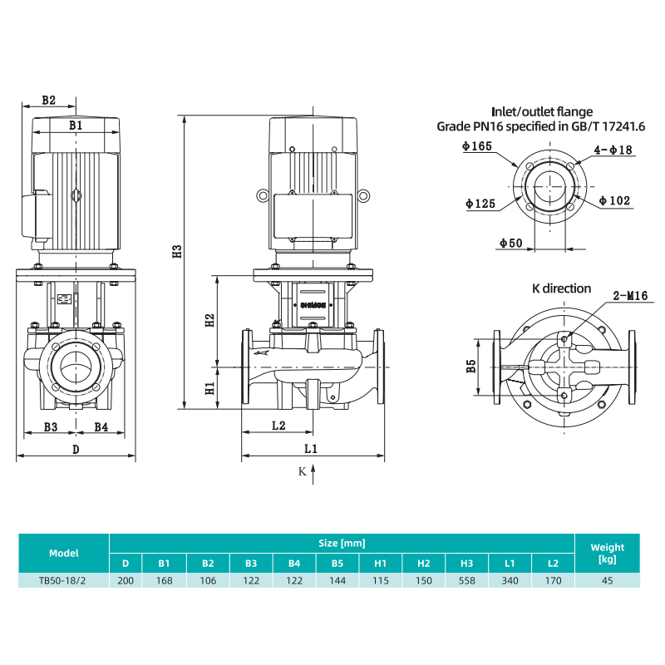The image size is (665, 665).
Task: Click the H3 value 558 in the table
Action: tap(466, 580)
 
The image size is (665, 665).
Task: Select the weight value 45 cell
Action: tap(608, 580)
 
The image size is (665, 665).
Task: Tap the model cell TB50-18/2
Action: tap(63, 580)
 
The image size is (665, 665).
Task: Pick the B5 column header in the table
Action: tap(337, 564)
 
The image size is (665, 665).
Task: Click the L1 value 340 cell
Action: tap(510, 580)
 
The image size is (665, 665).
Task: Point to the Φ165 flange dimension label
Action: tap(477, 146)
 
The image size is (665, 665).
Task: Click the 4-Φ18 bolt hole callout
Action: tap(613, 150)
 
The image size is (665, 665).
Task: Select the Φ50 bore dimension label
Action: tap(511, 243)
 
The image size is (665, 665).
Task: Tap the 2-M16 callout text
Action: tap(630, 296)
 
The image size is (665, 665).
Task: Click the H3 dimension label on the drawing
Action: tap(177, 251)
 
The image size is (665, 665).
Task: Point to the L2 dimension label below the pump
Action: tap(278, 426)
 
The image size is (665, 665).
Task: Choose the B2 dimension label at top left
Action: tap(49, 100)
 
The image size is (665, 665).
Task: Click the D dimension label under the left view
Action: tap(76, 450)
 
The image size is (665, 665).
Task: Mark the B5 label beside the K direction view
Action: tap(471, 366)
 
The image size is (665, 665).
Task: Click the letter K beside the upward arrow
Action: tap(302, 471)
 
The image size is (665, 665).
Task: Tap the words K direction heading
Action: tap(562, 288)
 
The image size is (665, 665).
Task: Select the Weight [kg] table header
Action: tap(608, 553)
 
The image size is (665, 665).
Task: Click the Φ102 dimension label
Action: tap(614, 200)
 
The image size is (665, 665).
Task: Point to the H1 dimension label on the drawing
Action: tap(210, 388)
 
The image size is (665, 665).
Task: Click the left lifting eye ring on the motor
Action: tap(263, 195)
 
